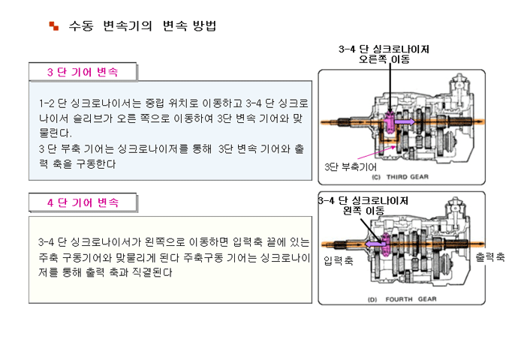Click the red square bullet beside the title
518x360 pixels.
coord(54,25)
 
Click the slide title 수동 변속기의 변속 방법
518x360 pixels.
coord(143,25)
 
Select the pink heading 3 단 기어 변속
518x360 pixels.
coord(83,72)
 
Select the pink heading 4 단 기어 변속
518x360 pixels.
coord(83,202)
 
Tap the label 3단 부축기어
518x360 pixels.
coord(351,166)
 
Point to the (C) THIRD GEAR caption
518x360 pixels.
coord(400,177)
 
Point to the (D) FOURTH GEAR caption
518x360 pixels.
coord(402,299)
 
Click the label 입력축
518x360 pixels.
coord(339,261)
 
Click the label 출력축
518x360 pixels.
coord(490,256)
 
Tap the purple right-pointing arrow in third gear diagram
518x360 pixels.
coord(405,121)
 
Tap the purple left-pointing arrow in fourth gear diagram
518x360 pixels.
coord(375,244)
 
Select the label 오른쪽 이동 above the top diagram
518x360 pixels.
coord(384,59)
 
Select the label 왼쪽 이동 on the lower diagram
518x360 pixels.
coord(363,210)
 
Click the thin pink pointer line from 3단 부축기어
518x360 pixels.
coord(377,153)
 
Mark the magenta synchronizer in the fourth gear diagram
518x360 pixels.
coord(385,244)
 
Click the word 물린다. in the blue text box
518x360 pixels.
coord(55,133)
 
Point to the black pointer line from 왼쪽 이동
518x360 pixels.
coord(372,231)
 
